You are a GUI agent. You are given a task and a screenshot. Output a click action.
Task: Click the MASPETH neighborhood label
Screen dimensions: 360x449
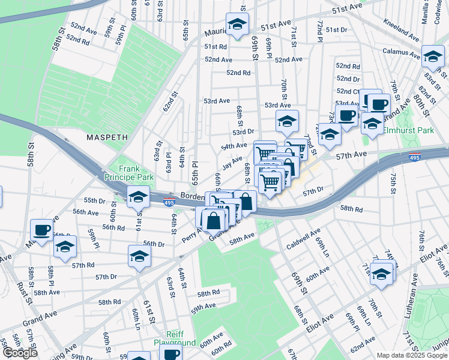(107, 137)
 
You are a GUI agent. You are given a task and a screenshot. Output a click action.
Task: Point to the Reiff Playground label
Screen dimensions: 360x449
(175, 338)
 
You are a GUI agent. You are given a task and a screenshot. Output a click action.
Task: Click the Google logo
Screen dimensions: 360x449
(20, 353)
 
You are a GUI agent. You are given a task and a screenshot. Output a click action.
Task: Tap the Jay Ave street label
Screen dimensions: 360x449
(232, 163)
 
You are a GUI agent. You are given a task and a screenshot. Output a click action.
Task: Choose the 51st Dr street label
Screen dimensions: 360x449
(337, 29)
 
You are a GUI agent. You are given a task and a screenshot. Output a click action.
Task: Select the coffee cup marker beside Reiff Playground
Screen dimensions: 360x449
(172, 355)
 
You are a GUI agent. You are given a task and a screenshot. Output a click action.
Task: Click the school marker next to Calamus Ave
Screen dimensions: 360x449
(433, 56)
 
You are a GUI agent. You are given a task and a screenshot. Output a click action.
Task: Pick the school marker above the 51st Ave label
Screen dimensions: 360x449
(238, 24)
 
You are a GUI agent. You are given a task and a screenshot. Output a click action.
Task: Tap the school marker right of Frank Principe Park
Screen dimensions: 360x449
(139, 196)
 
